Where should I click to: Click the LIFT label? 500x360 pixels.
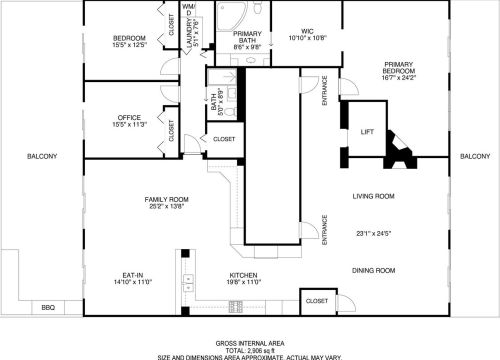pos(366,132)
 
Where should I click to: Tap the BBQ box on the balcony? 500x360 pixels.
pos(47,307)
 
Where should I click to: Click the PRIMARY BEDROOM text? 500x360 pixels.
pos(406,67)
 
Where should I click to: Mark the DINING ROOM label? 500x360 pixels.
pos(374,270)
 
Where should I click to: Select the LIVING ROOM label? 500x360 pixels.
pos(374,196)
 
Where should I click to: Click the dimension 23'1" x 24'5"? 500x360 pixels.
pos(374,234)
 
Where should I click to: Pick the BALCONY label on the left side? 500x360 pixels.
pos(42,156)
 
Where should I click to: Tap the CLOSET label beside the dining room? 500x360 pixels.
pos(316,300)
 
